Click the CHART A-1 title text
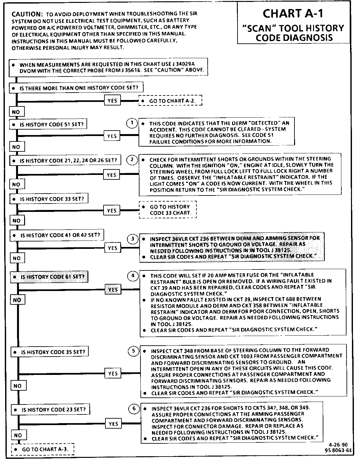click(x=293, y=14)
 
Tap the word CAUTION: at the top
click(x=27, y=14)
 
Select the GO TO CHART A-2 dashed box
click(x=170, y=101)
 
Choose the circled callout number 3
click(x=132, y=239)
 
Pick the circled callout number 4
click(x=133, y=276)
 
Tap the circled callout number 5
click(x=134, y=351)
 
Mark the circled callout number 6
click(x=134, y=409)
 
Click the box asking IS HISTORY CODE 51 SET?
click(x=48, y=124)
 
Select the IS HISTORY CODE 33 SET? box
click(x=49, y=199)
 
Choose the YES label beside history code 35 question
click(x=113, y=373)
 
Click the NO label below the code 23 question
click(x=18, y=435)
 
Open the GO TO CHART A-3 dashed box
click(x=43, y=449)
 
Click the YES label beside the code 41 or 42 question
click(x=113, y=248)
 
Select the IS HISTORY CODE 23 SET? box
click(x=50, y=410)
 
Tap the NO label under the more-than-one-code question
click(x=16, y=112)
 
